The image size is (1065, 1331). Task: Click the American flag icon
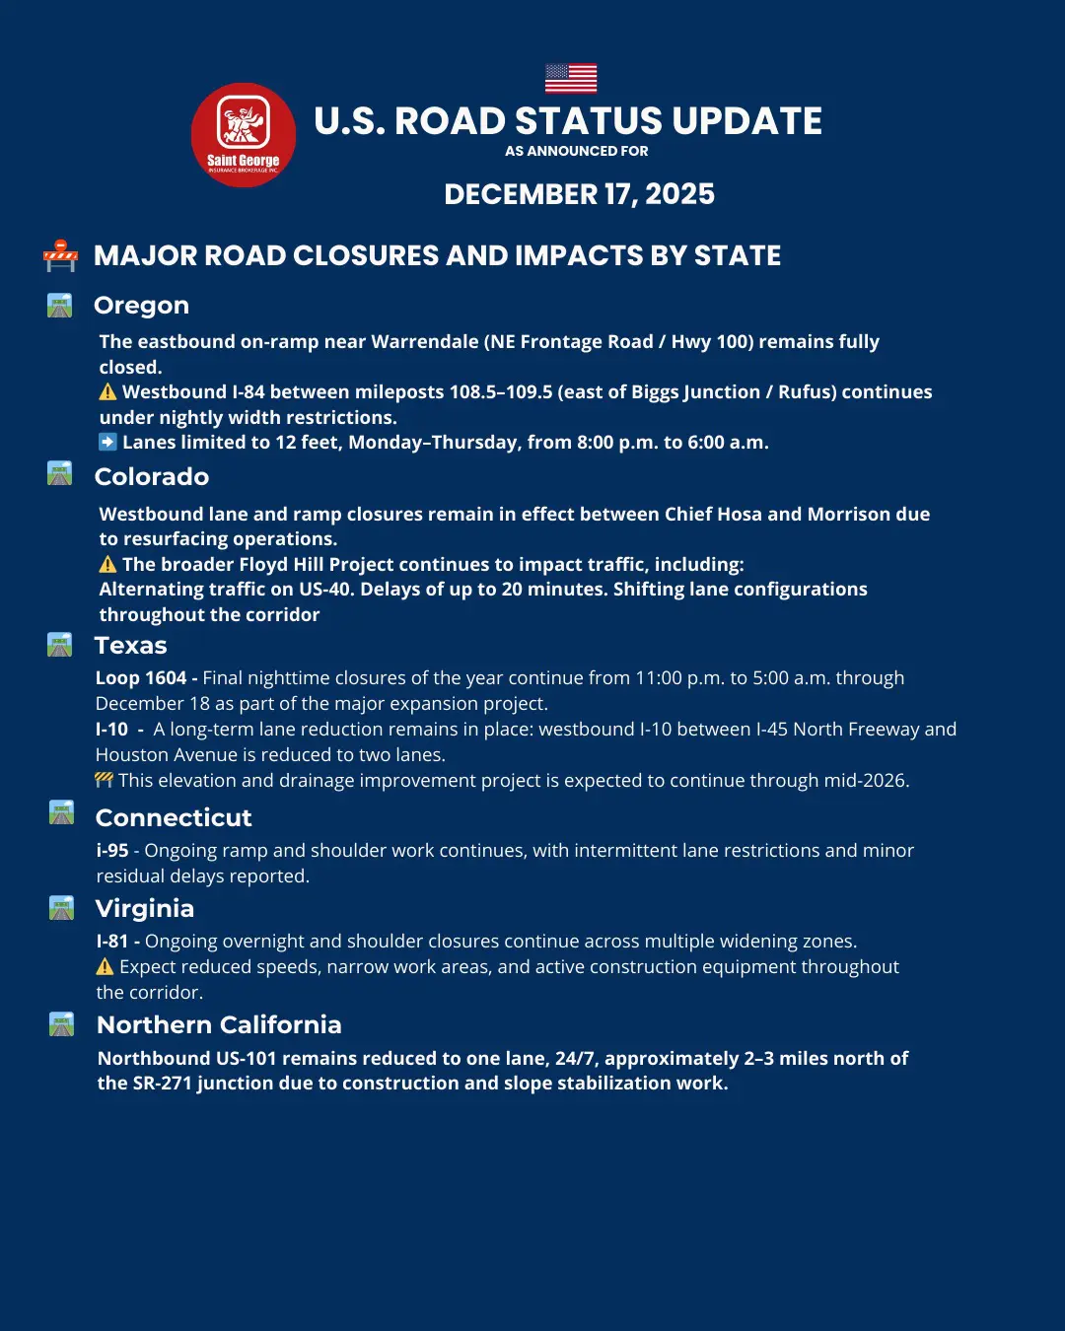[x=571, y=78]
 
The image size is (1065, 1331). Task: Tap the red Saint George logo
[x=244, y=135]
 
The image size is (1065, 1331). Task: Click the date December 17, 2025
[x=579, y=194]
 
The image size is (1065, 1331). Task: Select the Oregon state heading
[x=141, y=306]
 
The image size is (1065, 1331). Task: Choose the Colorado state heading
[x=151, y=477]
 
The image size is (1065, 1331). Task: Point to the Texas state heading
[x=130, y=646]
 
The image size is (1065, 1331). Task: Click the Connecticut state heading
[x=174, y=818]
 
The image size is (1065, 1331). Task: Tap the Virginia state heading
[x=144, y=909]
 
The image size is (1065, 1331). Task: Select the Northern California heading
[x=219, y=1025]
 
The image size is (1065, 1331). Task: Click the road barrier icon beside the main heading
[x=60, y=255]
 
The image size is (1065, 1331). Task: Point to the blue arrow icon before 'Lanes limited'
[x=107, y=442]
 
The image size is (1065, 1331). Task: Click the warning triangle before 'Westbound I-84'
[x=107, y=391]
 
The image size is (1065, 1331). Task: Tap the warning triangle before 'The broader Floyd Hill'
[x=107, y=564]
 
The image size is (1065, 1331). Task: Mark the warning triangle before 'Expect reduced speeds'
[x=106, y=966]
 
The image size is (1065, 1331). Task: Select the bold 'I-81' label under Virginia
[x=112, y=942]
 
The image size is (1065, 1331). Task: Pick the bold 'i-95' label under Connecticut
[x=112, y=851]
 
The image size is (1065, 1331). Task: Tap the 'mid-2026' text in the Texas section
[x=867, y=781]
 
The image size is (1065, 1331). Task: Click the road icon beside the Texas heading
[x=60, y=646]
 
